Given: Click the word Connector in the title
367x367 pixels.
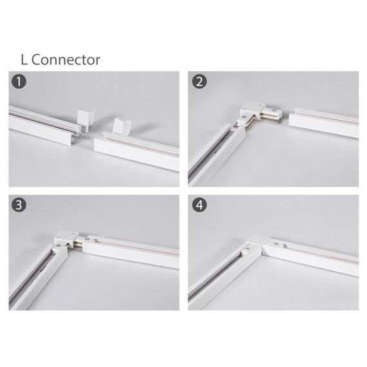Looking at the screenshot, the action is (x=66, y=60).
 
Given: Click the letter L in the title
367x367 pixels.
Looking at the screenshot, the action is (x=24, y=60).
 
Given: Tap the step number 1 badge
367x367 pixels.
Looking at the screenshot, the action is (x=19, y=82).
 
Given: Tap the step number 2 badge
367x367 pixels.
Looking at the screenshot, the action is (x=200, y=82).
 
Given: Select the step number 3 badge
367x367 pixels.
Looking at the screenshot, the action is (x=19, y=205).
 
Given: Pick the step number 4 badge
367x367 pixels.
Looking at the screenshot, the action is (x=200, y=205).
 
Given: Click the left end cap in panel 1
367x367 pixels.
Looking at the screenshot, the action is (x=85, y=120).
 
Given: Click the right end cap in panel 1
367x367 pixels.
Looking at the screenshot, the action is (x=121, y=126).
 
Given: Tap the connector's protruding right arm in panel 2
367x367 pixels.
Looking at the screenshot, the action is (x=272, y=115).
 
